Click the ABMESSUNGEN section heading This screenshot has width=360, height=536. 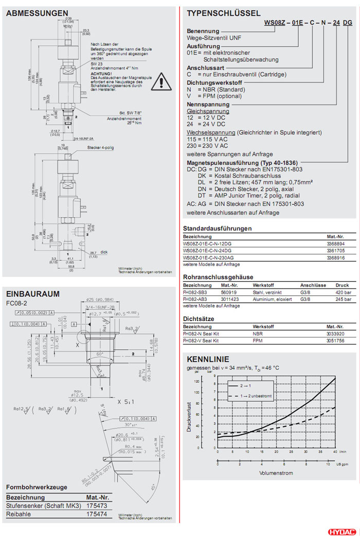point(37,13)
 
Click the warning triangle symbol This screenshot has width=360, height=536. point(164,81)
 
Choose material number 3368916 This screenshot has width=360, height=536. point(337,258)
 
